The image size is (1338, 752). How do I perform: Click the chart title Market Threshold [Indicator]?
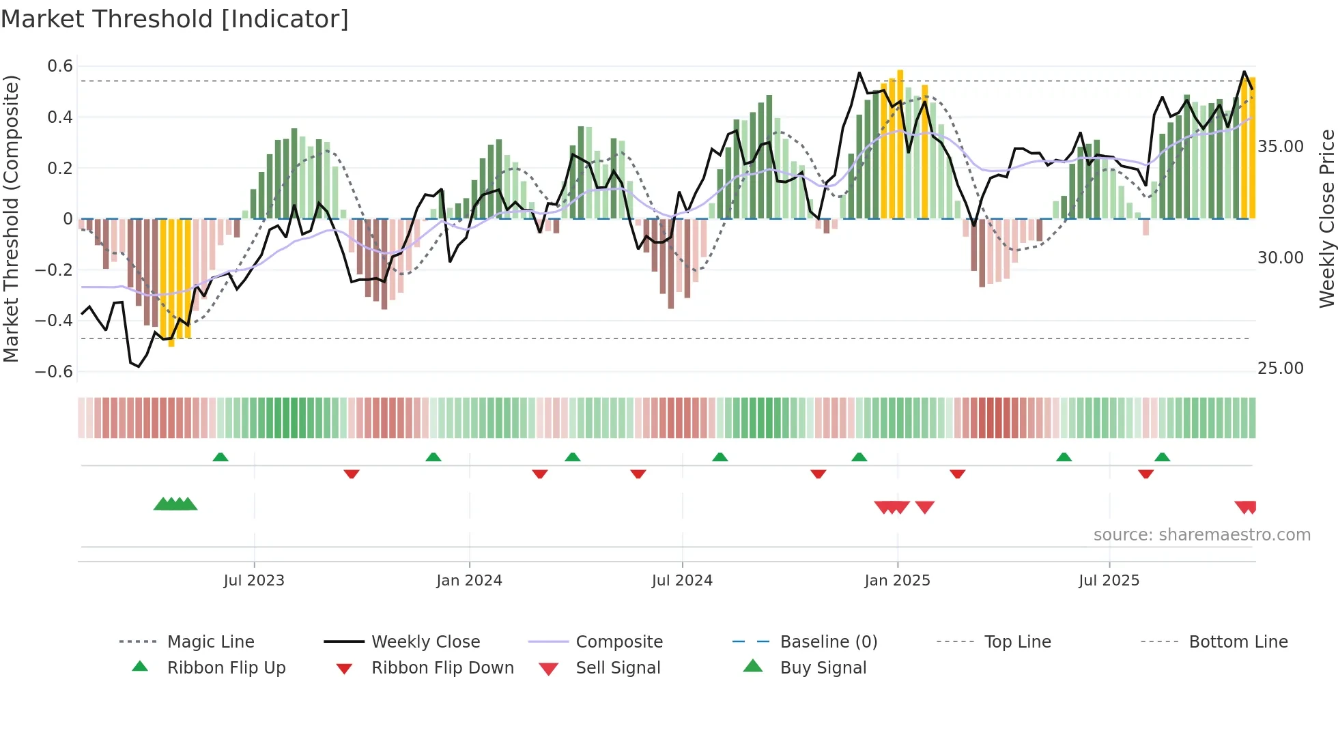coord(175,19)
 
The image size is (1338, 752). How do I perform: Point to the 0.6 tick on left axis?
coord(60,66)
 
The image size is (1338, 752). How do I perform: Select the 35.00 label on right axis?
coord(1280,147)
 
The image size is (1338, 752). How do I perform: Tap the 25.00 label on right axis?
coord(1280,368)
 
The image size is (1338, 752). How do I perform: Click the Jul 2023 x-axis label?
coord(254,581)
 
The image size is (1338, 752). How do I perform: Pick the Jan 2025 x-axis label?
coord(897,581)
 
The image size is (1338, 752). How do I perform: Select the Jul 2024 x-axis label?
coord(682,581)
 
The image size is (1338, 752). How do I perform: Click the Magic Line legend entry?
coord(210,642)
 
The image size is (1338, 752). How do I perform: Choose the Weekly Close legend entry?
coord(425,642)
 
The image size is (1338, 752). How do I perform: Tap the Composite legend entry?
coord(619,642)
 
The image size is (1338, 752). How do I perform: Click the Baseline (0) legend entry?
coord(828,642)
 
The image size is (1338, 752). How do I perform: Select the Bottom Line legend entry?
coord(1238,642)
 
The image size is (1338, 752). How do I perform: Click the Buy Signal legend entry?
coord(823,668)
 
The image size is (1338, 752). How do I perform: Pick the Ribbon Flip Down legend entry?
coord(442,668)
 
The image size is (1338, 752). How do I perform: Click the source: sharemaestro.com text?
coord(1201,535)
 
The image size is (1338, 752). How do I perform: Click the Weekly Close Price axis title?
coord(1326,218)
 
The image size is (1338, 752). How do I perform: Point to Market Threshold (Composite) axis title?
coord(11,218)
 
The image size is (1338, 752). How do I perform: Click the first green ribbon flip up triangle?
coord(220,457)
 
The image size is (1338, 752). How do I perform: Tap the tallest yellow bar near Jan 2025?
coord(900,143)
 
